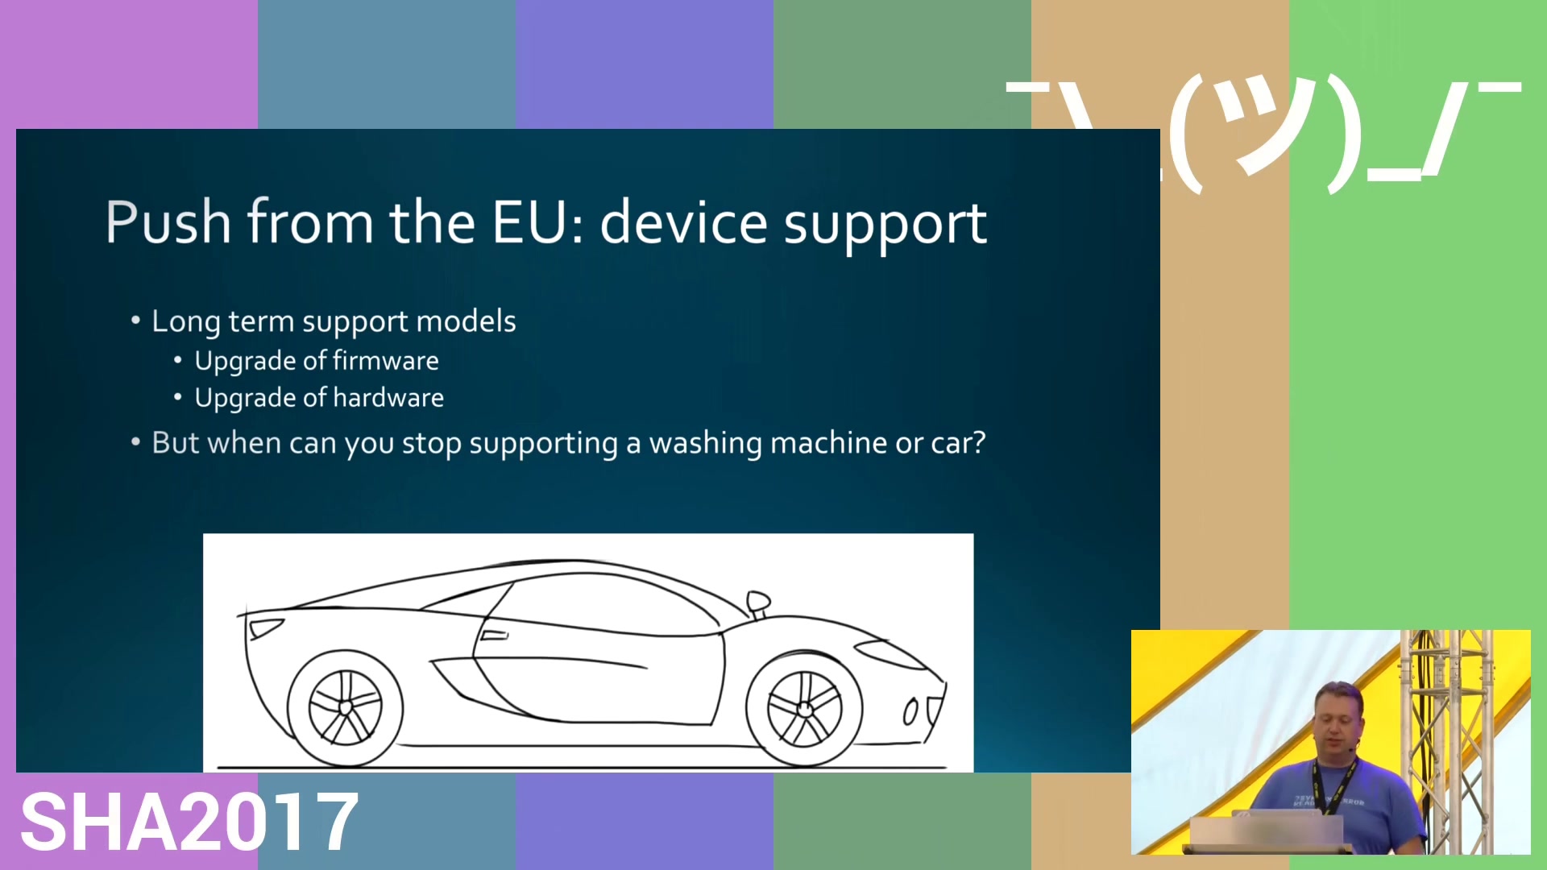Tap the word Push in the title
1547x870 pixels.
[x=168, y=222]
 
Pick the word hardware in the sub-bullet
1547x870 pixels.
[x=388, y=397]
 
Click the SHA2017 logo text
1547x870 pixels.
[x=189, y=821]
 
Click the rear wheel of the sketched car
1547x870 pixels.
[x=345, y=708]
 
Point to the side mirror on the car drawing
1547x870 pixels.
[x=758, y=603]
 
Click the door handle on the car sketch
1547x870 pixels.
[x=494, y=636]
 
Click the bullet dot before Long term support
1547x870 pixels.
[x=135, y=321]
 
